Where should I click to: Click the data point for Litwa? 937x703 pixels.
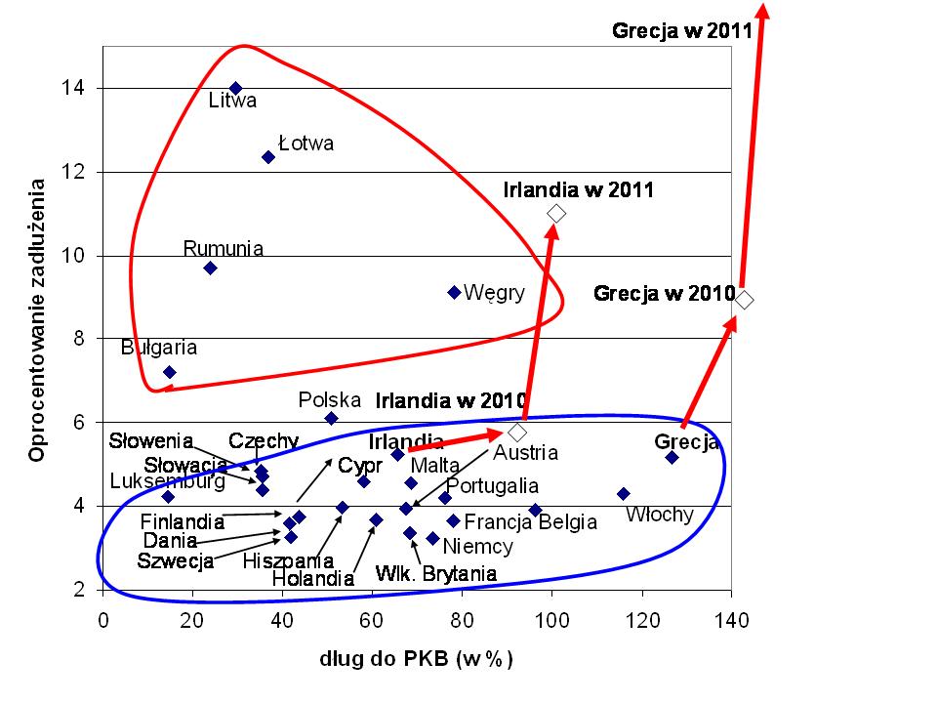pyautogui.click(x=235, y=88)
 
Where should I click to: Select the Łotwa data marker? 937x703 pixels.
pyautogui.click(x=268, y=157)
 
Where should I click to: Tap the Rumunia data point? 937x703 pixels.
pyautogui.click(x=210, y=268)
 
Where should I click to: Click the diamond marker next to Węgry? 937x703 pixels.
pyautogui.click(x=454, y=292)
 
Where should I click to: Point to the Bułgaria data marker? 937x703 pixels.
pyautogui.click(x=169, y=372)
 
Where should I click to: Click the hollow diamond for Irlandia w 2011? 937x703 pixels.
pyautogui.click(x=557, y=213)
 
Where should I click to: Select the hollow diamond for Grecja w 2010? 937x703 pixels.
pyautogui.click(x=745, y=299)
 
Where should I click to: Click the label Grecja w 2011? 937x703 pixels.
pyautogui.click(x=681, y=30)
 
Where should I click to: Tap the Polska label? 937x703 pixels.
pyautogui.click(x=330, y=399)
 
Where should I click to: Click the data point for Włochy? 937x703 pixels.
pyautogui.click(x=624, y=494)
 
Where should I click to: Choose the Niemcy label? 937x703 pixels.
pyautogui.click(x=477, y=547)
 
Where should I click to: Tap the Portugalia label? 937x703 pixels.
pyautogui.click(x=492, y=485)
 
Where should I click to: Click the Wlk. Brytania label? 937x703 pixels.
pyautogui.click(x=436, y=573)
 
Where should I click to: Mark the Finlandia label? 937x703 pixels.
pyautogui.click(x=183, y=520)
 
